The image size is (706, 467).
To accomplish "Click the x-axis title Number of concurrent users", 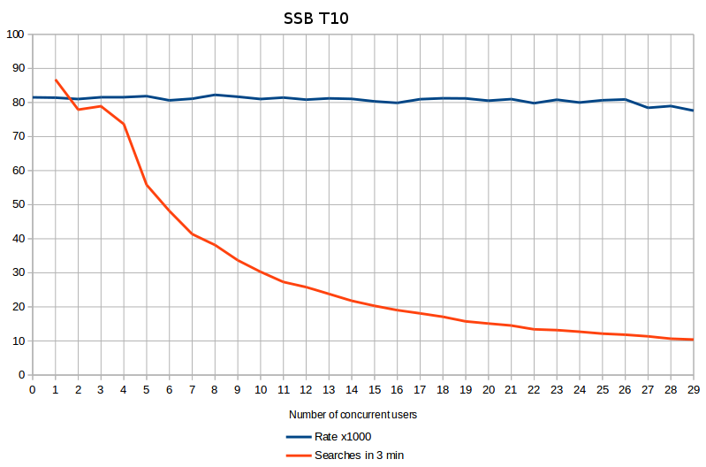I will click(353, 414).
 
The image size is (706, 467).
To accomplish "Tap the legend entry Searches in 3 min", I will click(359, 455).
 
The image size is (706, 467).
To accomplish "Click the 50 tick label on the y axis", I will click(18, 204).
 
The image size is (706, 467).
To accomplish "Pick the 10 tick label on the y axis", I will click(18, 341).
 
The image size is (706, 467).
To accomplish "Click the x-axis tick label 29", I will click(693, 389).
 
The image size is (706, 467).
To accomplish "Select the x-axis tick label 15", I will click(374, 389).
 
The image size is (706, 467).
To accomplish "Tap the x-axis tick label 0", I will click(33, 389).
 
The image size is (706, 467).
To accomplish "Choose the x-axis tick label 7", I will click(192, 389).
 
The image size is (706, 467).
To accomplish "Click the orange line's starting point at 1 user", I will click(56, 80).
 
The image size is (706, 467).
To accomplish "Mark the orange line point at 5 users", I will click(147, 185).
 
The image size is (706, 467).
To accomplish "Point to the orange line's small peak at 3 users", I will click(101, 106).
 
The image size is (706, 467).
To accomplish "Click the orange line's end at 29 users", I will click(693, 340).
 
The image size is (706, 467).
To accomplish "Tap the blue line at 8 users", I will click(215, 95).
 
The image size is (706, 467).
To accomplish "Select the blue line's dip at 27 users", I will click(648, 108).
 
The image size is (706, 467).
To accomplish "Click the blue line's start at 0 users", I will click(33, 97).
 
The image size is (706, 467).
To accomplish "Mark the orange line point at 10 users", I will click(261, 272).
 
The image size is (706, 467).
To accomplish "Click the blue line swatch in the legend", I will click(298, 437).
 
